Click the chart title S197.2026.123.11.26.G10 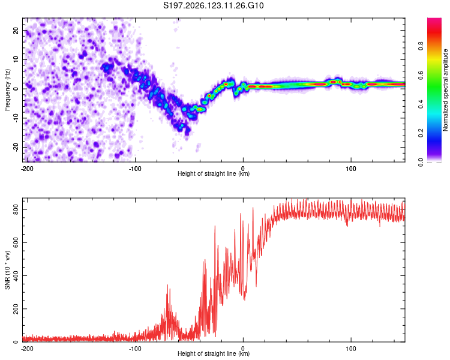[213, 5]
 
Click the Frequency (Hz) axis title [7, 90]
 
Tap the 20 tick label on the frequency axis [16, 31]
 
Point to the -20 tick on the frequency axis [16, 147]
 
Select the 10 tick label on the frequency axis [16, 59]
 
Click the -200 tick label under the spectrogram [27, 169]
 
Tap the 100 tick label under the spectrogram [351, 169]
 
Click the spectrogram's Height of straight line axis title [214, 173]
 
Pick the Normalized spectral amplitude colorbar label [445, 90]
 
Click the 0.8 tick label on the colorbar [421, 46]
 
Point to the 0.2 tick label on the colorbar [421, 133]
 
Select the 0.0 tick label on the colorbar [421, 162]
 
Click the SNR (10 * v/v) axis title [7, 270]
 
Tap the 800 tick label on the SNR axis [16, 209]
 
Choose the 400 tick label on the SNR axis [16, 275]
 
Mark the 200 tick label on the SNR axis [16, 308]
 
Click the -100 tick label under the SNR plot [135, 349]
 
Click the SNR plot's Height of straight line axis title [214, 353]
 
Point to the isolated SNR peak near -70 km [167, 286]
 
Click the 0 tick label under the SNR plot [243, 349]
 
